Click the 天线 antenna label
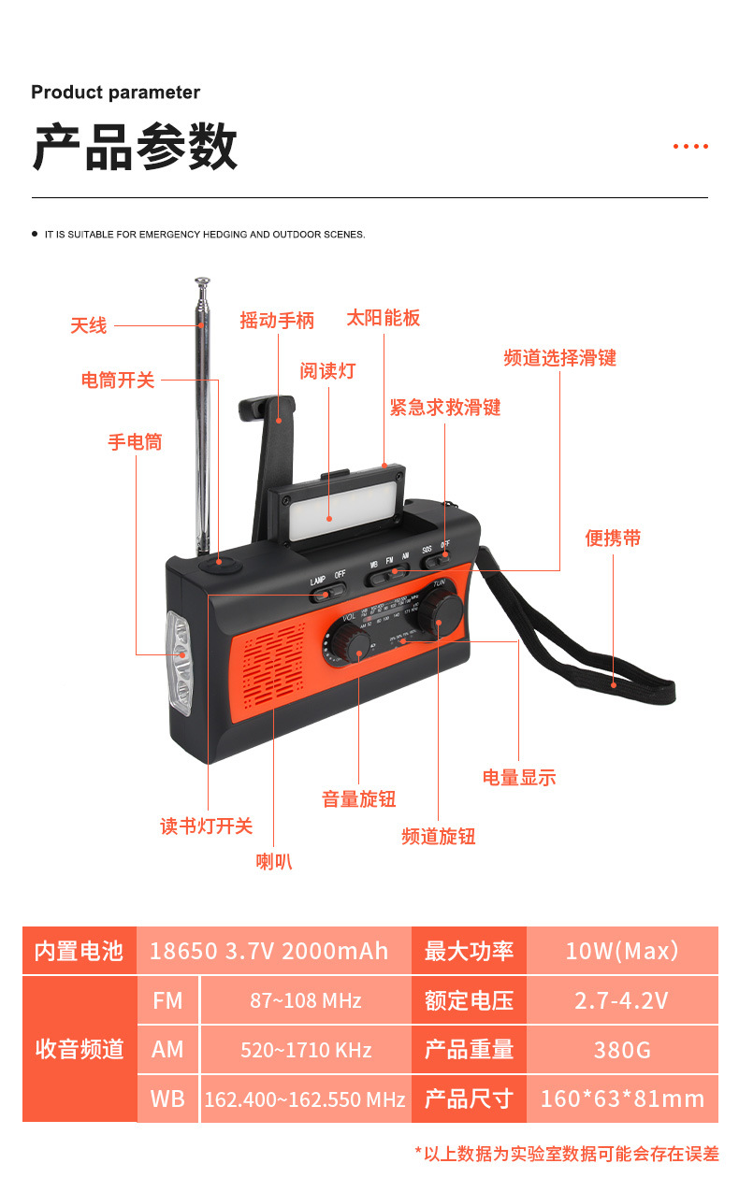tap(89, 326)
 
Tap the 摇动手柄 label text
tap(277, 321)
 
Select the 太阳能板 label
tap(384, 318)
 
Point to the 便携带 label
tap(613, 539)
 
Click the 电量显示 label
tap(519, 777)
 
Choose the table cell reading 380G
tap(622, 1050)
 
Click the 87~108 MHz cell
tap(305, 1000)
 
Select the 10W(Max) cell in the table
tap(622, 951)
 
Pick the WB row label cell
tap(168, 1099)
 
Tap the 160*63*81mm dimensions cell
tap(622, 1099)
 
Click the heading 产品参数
tap(135, 147)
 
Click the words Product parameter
tap(115, 93)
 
